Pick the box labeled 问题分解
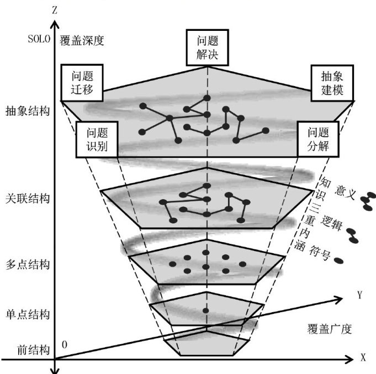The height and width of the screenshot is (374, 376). click(317, 139)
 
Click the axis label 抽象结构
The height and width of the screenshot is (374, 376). click(26, 110)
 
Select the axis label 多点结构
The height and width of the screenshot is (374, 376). click(26, 264)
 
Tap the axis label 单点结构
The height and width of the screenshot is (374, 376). click(26, 315)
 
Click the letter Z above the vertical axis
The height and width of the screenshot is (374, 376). click(54, 9)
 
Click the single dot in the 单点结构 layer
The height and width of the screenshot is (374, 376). click(205, 312)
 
